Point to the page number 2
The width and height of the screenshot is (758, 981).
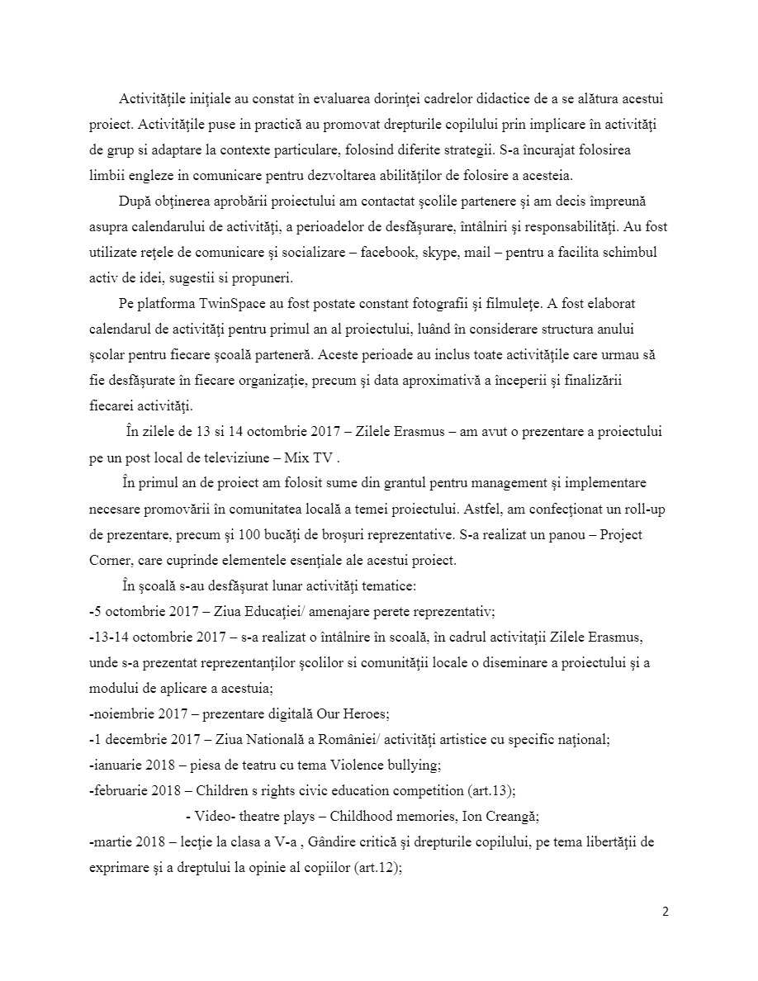[666, 912]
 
